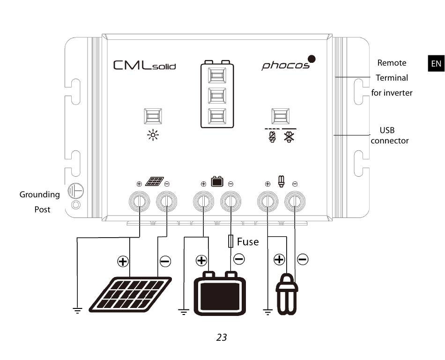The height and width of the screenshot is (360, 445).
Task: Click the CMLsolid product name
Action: click(144, 65)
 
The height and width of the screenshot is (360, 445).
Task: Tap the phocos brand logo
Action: click(289, 63)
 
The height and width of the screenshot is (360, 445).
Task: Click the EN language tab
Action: click(436, 63)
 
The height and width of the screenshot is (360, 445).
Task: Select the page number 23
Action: click(222, 337)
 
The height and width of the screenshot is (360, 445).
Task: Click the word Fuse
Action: click(248, 241)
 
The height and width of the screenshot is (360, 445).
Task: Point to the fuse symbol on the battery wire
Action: click(231, 241)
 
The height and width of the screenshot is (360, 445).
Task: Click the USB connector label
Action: click(389, 135)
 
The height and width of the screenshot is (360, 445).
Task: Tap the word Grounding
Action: click(39, 195)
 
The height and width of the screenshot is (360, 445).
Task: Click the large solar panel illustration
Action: click(130, 294)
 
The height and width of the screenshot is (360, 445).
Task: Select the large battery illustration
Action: click(220, 293)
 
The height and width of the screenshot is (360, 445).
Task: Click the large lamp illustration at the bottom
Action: click(287, 294)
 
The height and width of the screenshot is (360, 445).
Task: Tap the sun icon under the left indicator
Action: click(153, 135)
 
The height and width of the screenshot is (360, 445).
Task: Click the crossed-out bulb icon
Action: click(289, 136)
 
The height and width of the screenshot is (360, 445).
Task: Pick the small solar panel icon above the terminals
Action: click(155, 181)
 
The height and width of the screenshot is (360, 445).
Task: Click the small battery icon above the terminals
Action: click(217, 181)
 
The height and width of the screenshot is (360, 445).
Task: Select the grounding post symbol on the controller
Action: click(75, 190)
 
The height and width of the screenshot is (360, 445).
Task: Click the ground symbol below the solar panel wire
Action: click(77, 310)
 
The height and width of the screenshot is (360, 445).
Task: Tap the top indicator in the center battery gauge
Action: click(217, 75)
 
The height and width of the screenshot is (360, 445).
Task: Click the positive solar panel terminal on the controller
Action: click(139, 201)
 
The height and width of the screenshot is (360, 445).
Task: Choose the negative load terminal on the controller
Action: click(295, 201)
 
